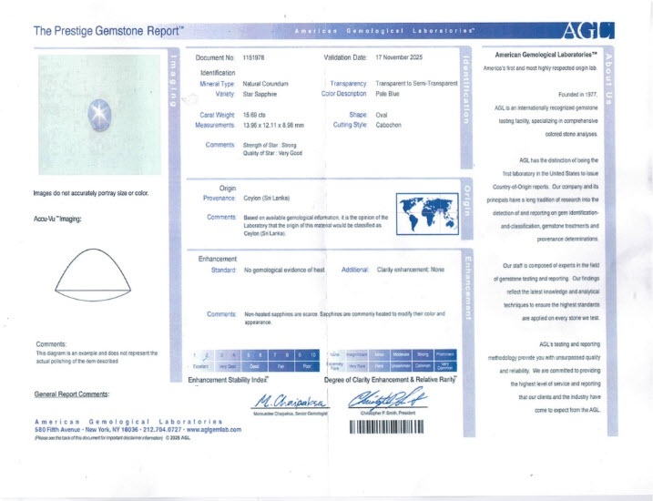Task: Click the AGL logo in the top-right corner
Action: (x=589, y=30)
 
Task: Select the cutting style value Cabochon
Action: (x=392, y=126)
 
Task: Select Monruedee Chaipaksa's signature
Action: (x=282, y=401)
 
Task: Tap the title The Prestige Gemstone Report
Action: (x=108, y=31)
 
